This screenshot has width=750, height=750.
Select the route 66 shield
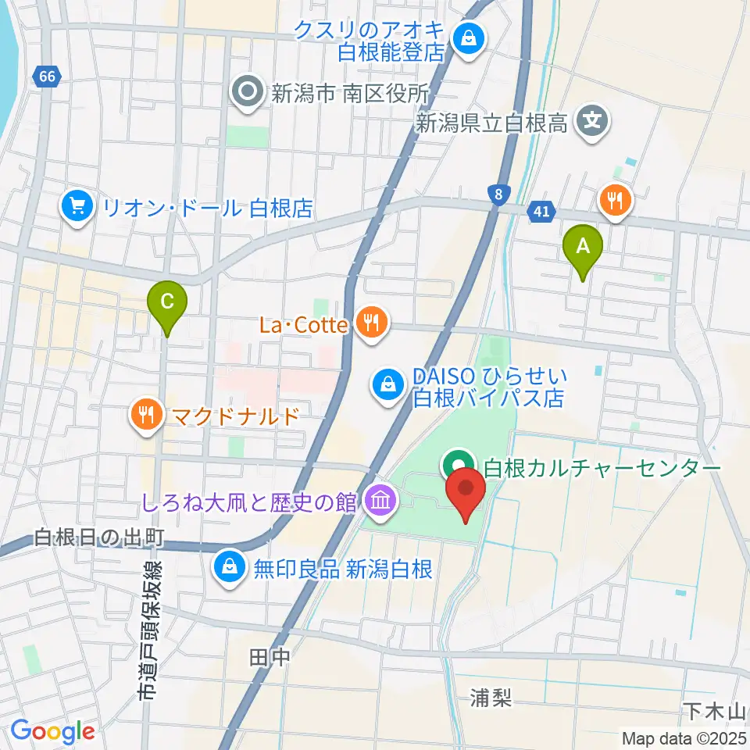point(47,77)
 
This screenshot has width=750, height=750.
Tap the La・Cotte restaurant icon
point(371,323)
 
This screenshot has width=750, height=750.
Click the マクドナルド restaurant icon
point(148,415)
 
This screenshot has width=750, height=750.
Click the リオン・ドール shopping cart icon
point(77,207)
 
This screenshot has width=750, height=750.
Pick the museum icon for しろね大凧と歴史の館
point(380,501)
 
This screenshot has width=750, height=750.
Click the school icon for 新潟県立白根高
point(592,121)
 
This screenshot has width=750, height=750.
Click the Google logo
point(52,731)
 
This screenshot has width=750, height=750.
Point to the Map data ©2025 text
point(683,737)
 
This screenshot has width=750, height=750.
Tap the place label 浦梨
point(491,698)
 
